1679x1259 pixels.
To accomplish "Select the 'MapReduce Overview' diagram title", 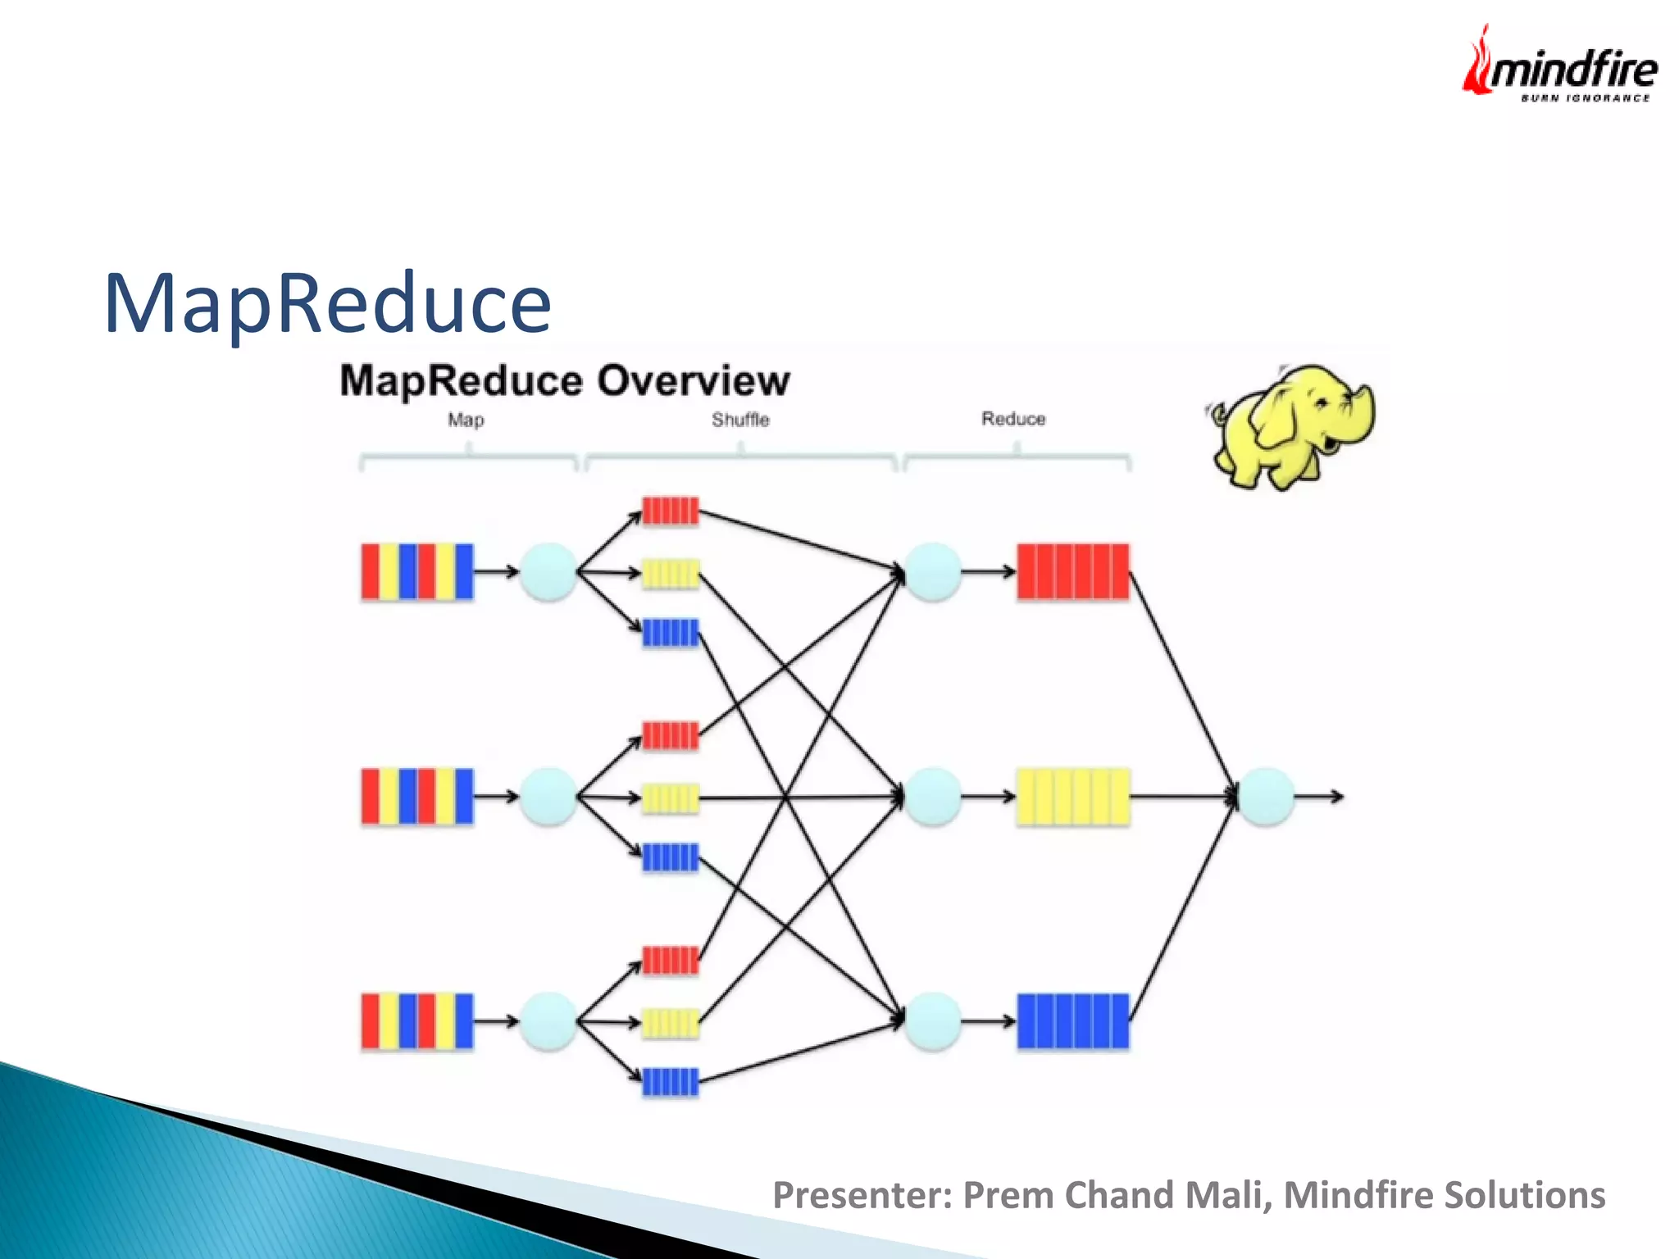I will [x=565, y=381].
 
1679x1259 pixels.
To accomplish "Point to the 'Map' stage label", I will [x=466, y=420].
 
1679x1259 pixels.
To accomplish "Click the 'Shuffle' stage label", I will [x=740, y=420].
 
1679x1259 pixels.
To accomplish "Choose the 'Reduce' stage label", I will [x=1013, y=419].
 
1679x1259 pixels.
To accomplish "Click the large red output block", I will [x=1072, y=571].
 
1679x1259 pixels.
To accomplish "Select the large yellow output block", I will [x=1072, y=796].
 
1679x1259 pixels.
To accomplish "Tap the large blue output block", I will [x=1072, y=1021].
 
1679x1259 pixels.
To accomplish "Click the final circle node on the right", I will [x=1266, y=796].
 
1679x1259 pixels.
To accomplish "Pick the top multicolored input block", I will [x=417, y=571].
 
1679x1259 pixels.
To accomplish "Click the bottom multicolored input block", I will [x=417, y=1021].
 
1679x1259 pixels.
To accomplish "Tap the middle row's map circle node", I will [x=548, y=796].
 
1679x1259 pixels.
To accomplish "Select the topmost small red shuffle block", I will [x=671, y=511].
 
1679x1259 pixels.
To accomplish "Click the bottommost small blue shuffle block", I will [x=671, y=1082].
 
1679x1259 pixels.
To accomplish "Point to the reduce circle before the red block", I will [x=932, y=571].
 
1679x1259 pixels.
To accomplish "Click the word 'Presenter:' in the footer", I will [x=862, y=1195].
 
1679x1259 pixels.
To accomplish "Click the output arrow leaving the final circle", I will [x=1321, y=796].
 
